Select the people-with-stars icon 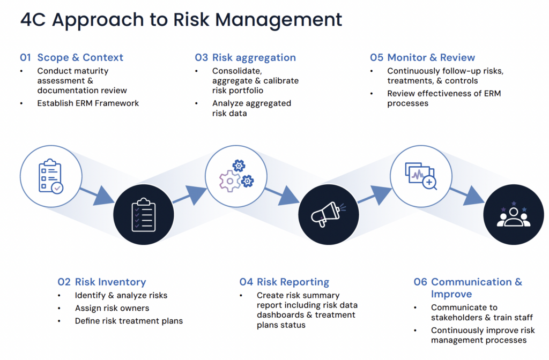[513, 214]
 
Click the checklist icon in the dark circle [144, 214]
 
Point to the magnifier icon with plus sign [429, 182]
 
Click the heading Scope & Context [80, 57]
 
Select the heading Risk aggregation [254, 57]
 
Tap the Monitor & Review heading [431, 57]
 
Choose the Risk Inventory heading [110, 282]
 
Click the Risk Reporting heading [293, 282]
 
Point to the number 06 [420, 282]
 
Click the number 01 [25, 57]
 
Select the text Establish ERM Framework [88, 103]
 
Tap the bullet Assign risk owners [112, 308]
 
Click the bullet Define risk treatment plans [129, 321]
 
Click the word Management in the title [279, 20]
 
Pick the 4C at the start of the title [33, 20]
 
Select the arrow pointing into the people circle [467, 195]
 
